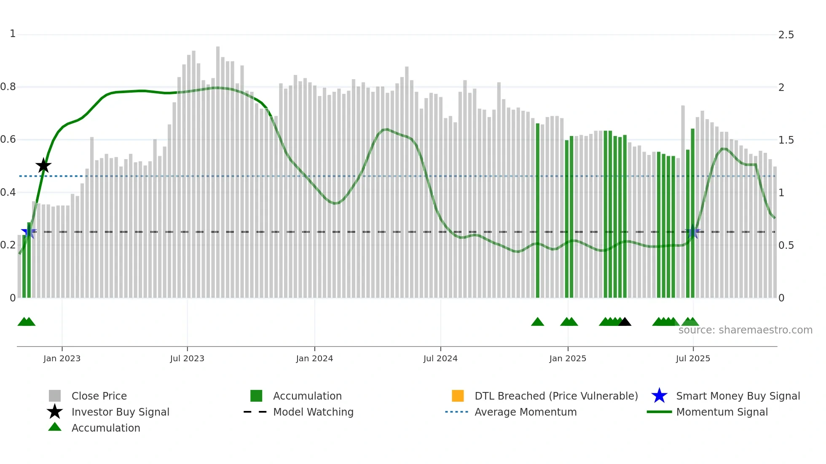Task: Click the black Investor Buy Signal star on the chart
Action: coord(43,165)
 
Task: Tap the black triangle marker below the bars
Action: coord(625,322)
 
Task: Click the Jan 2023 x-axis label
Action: coord(62,358)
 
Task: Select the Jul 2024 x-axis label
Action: coord(440,358)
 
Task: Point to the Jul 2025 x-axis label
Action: coord(693,358)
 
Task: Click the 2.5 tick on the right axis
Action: coord(786,35)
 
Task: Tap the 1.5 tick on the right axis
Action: coord(786,140)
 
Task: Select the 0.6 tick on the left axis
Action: coord(8,139)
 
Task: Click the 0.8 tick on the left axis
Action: coord(8,87)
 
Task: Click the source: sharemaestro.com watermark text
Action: coord(745,330)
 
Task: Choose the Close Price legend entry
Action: coord(99,396)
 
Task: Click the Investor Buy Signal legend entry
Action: coord(120,412)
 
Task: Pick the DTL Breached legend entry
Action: coord(556,396)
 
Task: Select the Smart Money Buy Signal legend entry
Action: coord(738,396)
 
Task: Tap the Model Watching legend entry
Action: coord(313,412)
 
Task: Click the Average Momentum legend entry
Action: coord(526,412)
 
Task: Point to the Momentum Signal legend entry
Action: coord(722,412)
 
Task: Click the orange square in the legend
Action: coord(458,396)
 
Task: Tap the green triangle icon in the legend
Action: coord(55,427)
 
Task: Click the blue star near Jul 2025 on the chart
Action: coord(692,232)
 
